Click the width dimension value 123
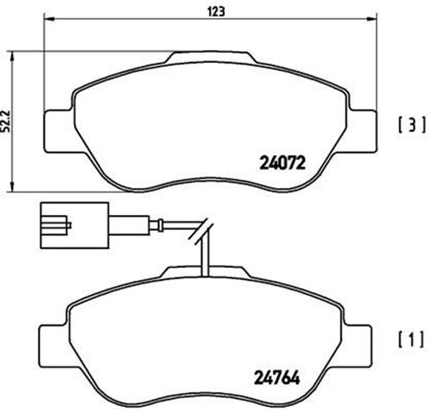click(x=215, y=11)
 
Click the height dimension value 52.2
click(x=7, y=122)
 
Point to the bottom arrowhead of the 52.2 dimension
click(x=14, y=187)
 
